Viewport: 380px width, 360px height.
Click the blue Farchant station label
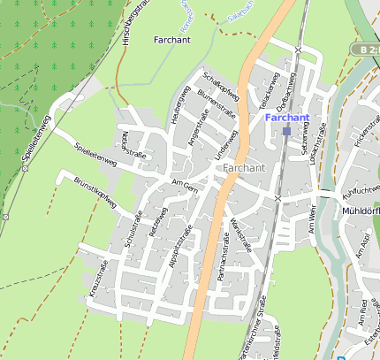tap(285, 118)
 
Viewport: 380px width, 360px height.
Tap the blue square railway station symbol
tap(286, 132)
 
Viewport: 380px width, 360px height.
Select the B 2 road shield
tap(364, 50)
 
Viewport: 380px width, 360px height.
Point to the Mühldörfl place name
tap(360, 212)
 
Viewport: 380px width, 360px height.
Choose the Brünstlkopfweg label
tap(95, 193)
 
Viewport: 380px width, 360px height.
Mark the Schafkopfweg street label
tap(221, 86)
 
